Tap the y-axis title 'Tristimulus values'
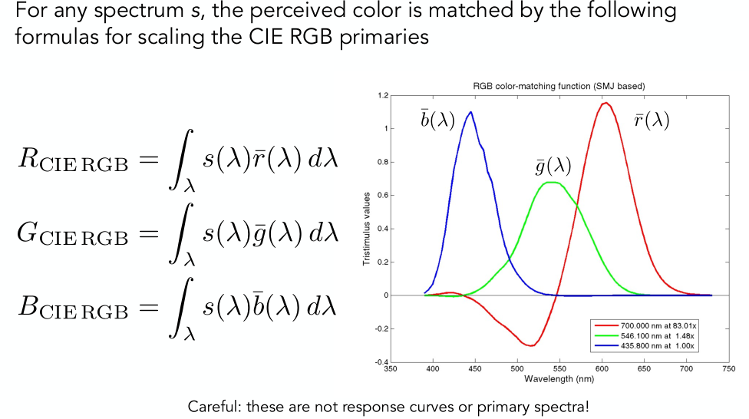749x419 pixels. click(367, 229)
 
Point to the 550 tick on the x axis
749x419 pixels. click(559, 368)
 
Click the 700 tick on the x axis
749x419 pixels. click(685, 368)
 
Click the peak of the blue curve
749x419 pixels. click(470, 112)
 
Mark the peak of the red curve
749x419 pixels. click(606, 103)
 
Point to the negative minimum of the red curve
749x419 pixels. click(530, 345)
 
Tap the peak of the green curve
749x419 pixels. click(550, 182)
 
